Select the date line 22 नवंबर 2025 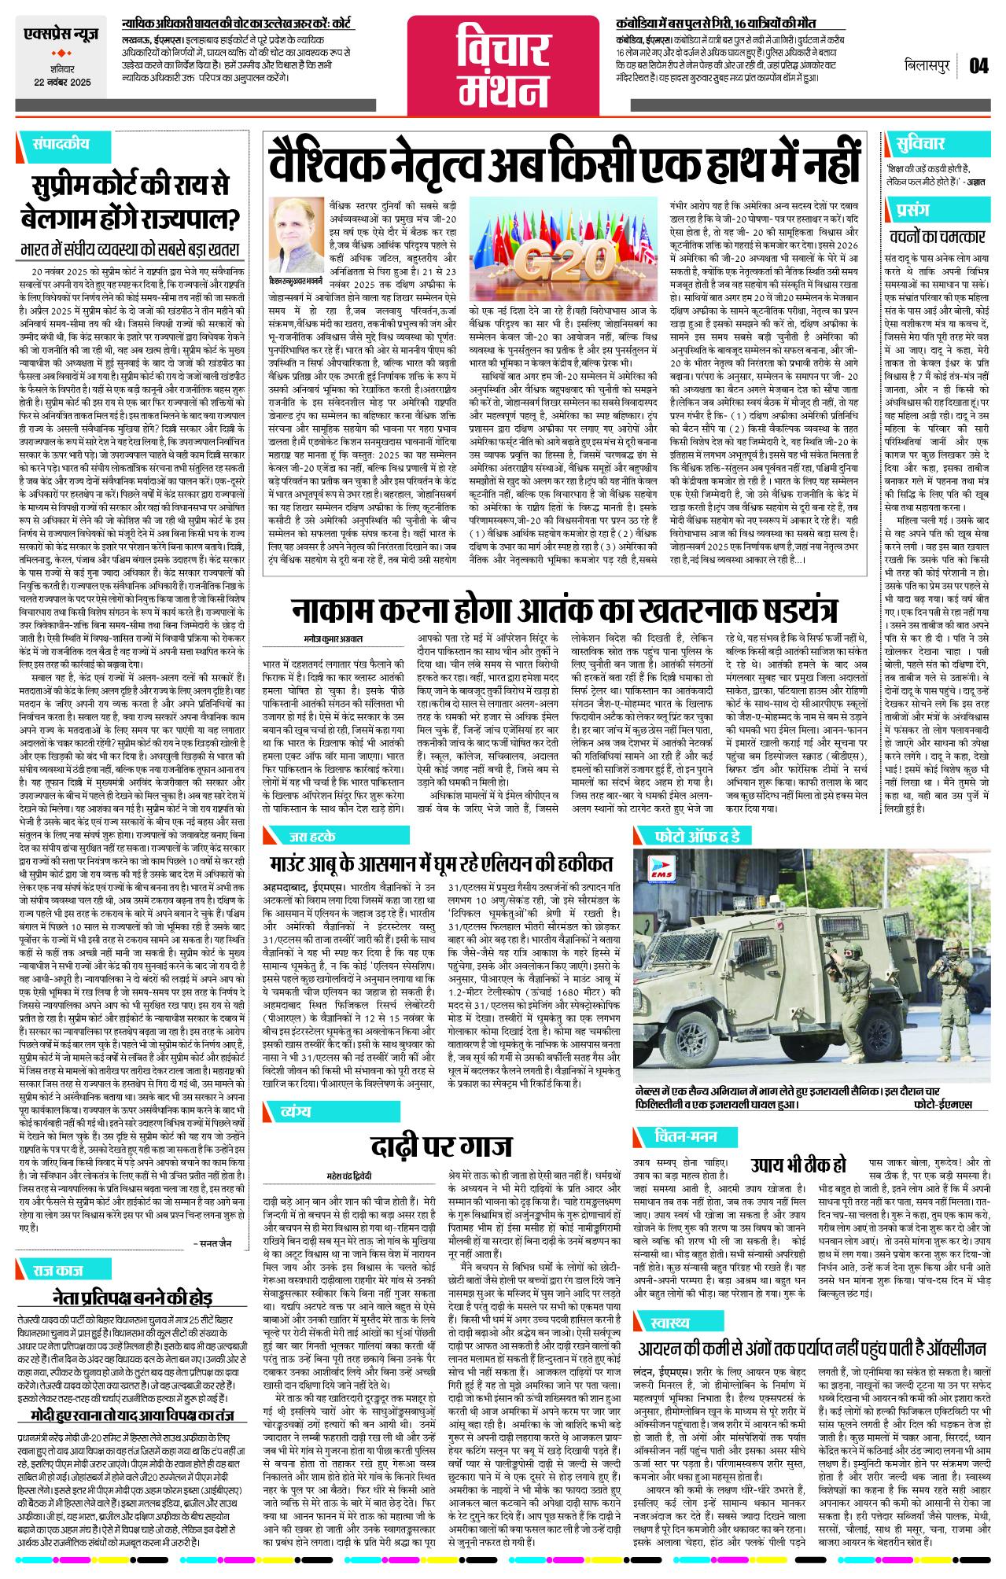(x=62, y=83)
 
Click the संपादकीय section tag (x=61, y=144)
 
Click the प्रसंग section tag (x=912, y=209)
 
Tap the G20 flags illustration (x=561, y=244)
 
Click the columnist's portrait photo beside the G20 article (x=296, y=235)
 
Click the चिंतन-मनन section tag (x=685, y=1136)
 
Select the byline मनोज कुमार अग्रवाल (x=333, y=639)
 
